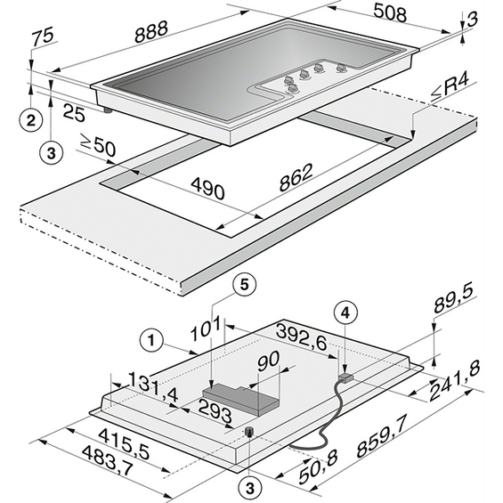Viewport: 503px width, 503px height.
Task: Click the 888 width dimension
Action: (x=151, y=32)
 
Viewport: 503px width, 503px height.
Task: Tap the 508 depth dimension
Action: (x=390, y=14)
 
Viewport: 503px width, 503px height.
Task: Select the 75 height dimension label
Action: (x=43, y=36)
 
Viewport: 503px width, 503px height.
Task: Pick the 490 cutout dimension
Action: (x=207, y=189)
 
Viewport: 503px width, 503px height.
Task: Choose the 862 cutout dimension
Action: (x=296, y=177)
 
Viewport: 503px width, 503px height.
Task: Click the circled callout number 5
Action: (x=245, y=285)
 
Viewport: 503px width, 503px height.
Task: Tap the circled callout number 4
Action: (x=345, y=313)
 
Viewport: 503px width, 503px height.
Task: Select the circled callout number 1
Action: (x=151, y=340)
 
